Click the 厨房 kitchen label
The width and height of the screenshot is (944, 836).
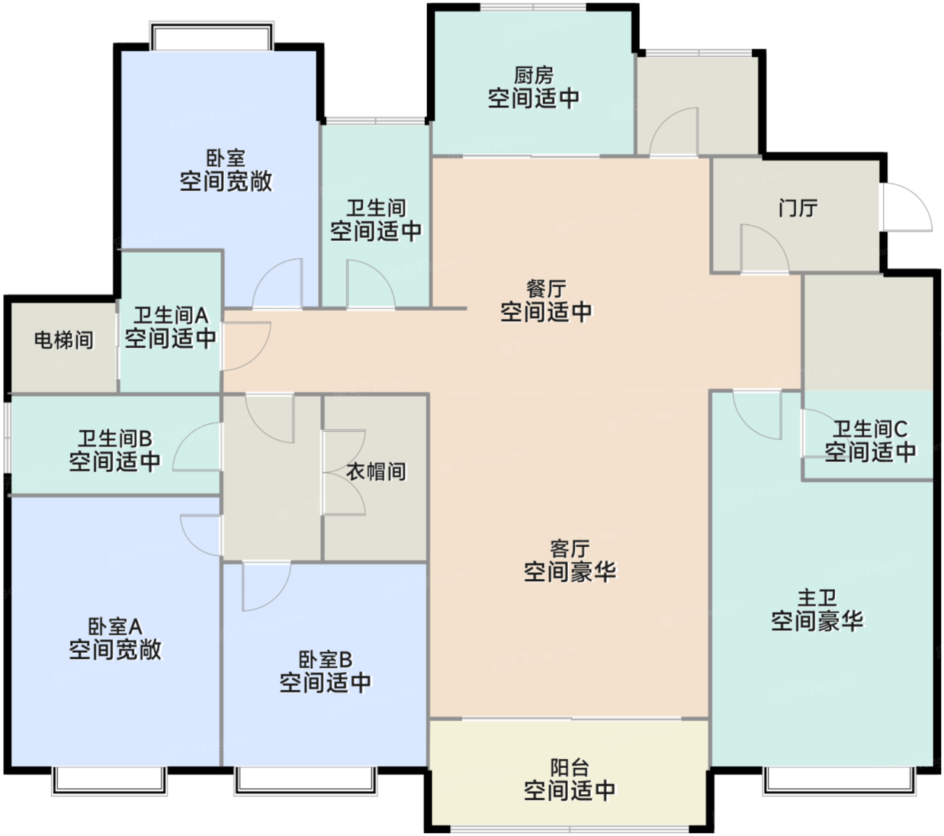click(533, 75)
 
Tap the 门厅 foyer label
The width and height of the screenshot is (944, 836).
click(798, 208)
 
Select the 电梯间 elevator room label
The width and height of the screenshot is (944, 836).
click(64, 340)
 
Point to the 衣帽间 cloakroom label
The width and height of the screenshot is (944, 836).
click(376, 471)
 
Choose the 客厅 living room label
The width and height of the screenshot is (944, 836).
click(569, 549)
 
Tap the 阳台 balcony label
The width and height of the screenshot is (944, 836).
click(569, 767)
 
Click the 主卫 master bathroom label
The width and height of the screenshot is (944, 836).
click(817, 598)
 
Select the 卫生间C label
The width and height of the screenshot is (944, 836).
click(870, 429)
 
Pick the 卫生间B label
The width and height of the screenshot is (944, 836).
click(115, 438)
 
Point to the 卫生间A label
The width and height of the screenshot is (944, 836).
click(171, 316)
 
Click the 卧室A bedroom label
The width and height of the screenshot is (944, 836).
click(115, 627)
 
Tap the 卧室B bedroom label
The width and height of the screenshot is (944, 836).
click(325, 660)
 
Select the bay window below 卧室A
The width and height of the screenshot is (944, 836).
click(109, 779)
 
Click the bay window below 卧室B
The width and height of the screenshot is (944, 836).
click(305, 779)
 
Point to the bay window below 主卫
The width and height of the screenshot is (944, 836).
click(839, 779)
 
